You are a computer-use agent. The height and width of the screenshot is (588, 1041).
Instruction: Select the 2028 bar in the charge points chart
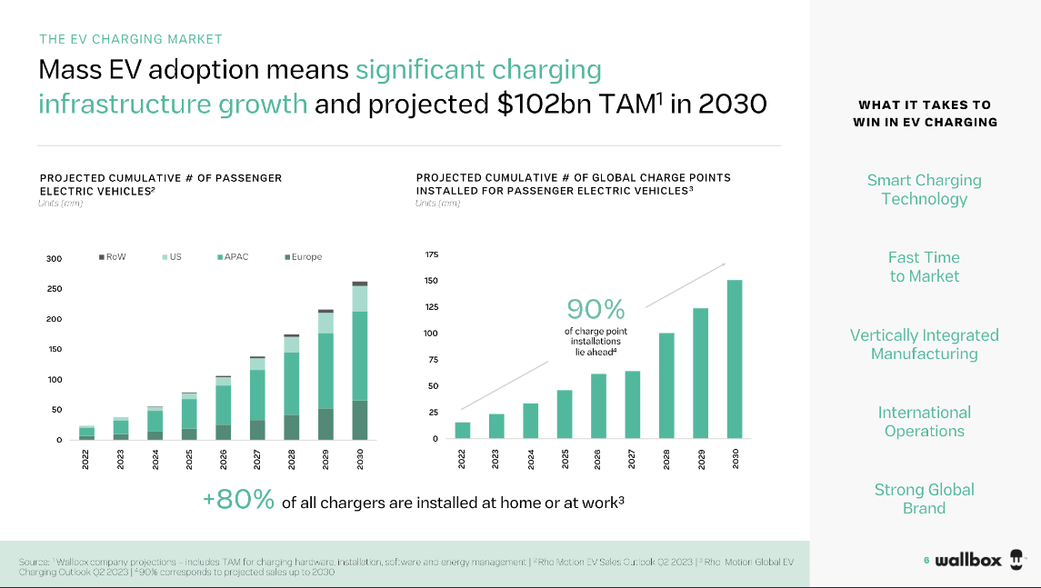tap(666, 386)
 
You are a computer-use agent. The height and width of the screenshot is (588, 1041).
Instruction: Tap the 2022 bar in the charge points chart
tap(463, 431)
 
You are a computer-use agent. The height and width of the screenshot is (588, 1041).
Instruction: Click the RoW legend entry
tap(112, 257)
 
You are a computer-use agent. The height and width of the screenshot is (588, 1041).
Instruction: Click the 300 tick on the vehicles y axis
tap(55, 259)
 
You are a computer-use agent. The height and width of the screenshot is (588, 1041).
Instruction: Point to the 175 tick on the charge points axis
tap(431, 255)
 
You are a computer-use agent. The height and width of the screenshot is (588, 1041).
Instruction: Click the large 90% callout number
tap(596, 310)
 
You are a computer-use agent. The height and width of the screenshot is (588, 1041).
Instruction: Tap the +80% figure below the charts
tap(238, 501)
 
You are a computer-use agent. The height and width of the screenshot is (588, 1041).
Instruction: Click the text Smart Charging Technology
tap(924, 190)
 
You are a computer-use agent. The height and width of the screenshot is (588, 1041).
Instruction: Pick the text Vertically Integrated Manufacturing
tap(924, 344)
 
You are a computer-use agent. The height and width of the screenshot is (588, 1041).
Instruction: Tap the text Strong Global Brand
tap(924, 499)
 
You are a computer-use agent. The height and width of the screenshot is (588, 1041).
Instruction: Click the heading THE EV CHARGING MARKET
tap(131, 39)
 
